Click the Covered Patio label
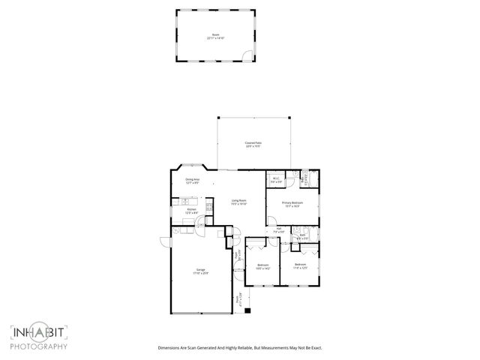point(253,145)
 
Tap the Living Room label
point(239,202)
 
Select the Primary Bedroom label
point(291,205)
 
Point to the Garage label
point(201,271)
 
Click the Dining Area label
point(193,181)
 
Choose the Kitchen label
point(192,211)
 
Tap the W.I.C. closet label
point(276,180)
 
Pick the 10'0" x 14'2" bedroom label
point(263,267)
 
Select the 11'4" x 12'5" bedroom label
point(300,266)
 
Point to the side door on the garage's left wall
point(166,240)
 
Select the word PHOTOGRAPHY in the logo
point(39,346)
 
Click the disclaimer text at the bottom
point(238,347)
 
